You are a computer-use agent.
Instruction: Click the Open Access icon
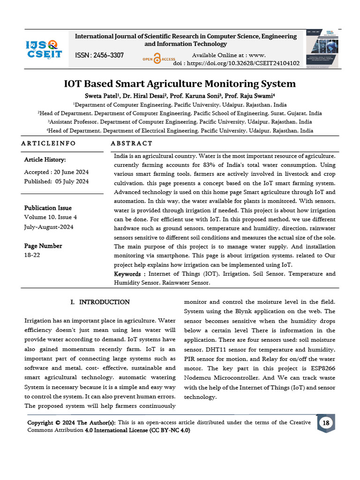coord(158,59)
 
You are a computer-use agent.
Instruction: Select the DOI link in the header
coord(236,63)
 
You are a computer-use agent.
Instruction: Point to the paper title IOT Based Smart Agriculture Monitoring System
coord(180,84)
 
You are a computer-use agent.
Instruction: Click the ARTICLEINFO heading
coord(48,143)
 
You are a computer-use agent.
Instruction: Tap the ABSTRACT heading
coord(132,143)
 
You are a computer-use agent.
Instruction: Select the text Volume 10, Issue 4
coord(51,217)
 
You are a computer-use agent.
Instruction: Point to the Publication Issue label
coord(48,208)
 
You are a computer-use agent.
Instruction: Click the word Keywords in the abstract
coord(128,274)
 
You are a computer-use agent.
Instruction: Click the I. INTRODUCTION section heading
coord(100,302)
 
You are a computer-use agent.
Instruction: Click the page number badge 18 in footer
coord(325,423)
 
